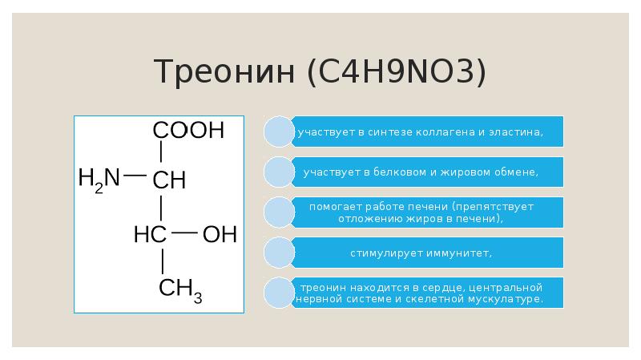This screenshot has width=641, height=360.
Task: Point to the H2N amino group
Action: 99,177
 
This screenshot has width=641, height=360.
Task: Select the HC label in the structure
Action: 150,235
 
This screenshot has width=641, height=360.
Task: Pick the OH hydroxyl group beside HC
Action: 220,235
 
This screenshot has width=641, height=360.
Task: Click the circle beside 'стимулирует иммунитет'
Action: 279,253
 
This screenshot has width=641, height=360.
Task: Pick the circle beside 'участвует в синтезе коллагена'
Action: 279,131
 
